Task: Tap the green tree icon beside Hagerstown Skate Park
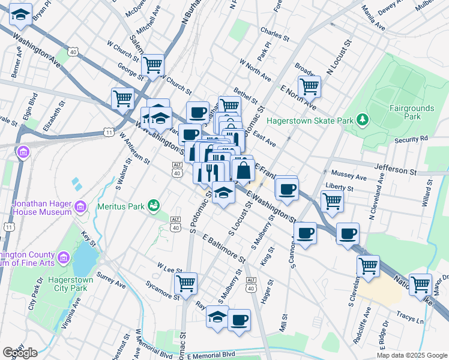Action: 363,120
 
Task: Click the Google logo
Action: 20,353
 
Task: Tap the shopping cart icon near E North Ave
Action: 309,86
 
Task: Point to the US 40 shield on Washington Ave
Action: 73,52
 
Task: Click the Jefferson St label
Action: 395,170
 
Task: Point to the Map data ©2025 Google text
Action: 411,355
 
